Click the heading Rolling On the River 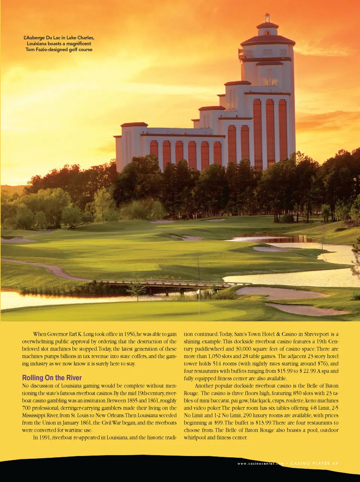tap(52, 378)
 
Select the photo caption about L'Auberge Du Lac tap(59, 44)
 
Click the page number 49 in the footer tap(335, 463)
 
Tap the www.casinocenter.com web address tap(260, 464)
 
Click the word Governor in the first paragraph tap(57, 334)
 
